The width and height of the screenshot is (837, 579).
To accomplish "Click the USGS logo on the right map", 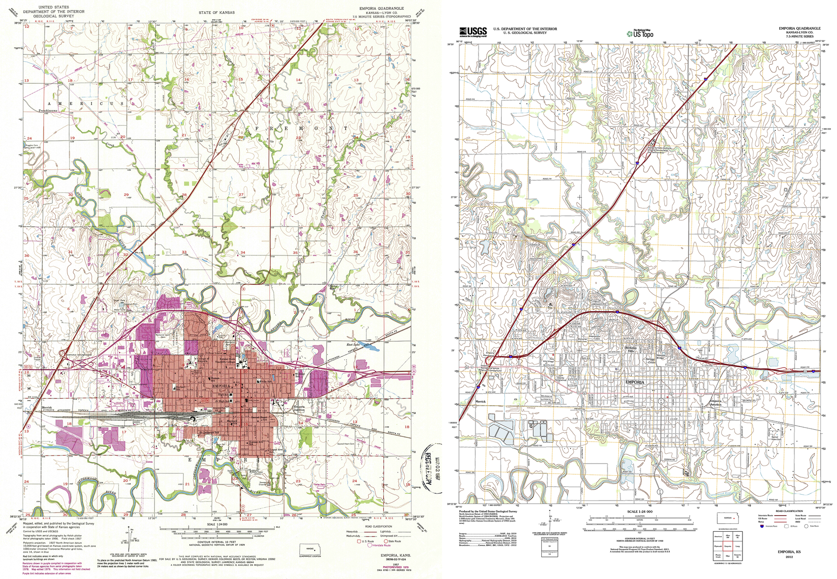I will [473, 32].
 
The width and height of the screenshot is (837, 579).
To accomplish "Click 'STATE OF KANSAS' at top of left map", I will [216, 12].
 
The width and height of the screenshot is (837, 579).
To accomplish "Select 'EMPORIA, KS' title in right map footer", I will [789, 552].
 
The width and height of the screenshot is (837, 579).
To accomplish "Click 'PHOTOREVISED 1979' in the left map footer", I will [397, 567].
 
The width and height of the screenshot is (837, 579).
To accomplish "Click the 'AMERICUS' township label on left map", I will [85, 104].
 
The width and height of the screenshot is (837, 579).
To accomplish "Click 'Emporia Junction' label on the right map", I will [715, 403].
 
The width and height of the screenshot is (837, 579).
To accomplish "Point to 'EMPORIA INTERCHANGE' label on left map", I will [79, 355].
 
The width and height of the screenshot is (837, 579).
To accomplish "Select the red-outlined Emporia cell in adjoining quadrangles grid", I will [728, 547].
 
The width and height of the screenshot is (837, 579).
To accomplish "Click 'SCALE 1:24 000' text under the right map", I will [640, 512].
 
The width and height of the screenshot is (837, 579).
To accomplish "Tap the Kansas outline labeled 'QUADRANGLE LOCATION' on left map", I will [310, 550].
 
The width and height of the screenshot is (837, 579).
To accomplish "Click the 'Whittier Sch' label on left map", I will [300, 375].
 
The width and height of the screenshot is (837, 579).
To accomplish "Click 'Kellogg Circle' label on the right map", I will [651, 361].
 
